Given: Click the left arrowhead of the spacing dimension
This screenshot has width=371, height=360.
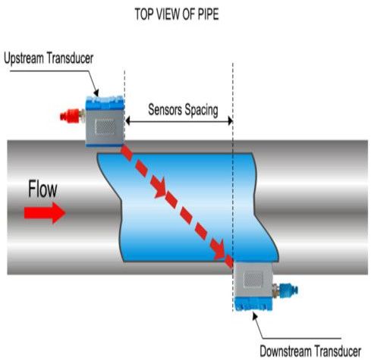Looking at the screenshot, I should click(x=129, y=120).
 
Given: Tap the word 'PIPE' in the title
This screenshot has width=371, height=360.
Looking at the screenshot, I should click(x=219, y=14).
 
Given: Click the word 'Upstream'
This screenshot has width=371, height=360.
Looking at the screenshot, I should click(x=28, y=58).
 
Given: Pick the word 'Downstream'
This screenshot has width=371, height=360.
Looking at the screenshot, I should click(x=285, y=350).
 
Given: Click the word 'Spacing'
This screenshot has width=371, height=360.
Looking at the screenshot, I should click(x=198, y=110).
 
